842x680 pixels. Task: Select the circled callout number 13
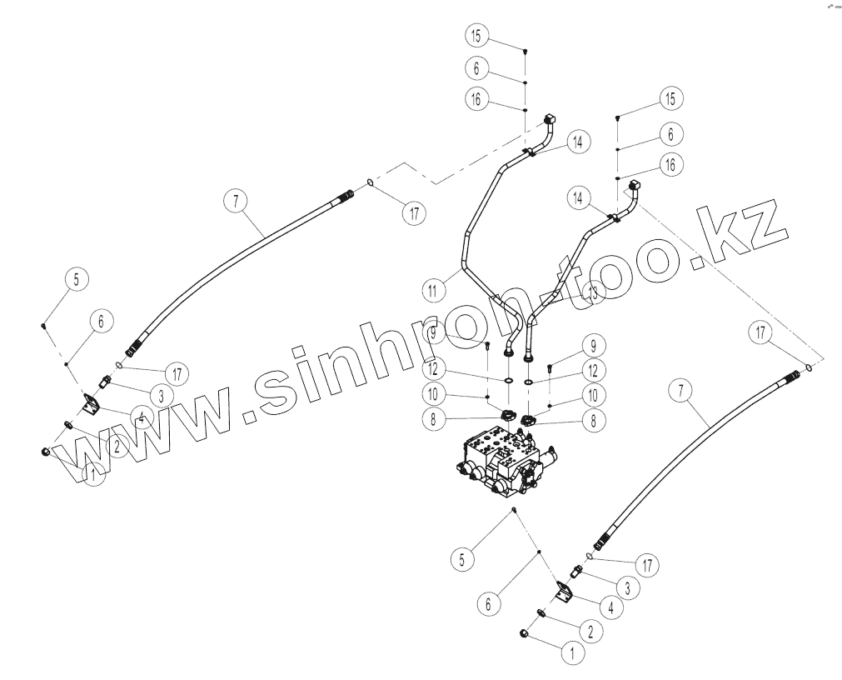(593, 292)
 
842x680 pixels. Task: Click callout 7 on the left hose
(237, 201)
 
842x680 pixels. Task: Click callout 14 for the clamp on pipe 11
(575, 142)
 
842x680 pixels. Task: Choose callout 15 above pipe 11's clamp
(475, 37)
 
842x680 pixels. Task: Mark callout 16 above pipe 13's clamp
(666, 166)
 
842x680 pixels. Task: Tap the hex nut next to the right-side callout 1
(527, 636)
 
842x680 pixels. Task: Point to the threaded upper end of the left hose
(346, 197)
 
